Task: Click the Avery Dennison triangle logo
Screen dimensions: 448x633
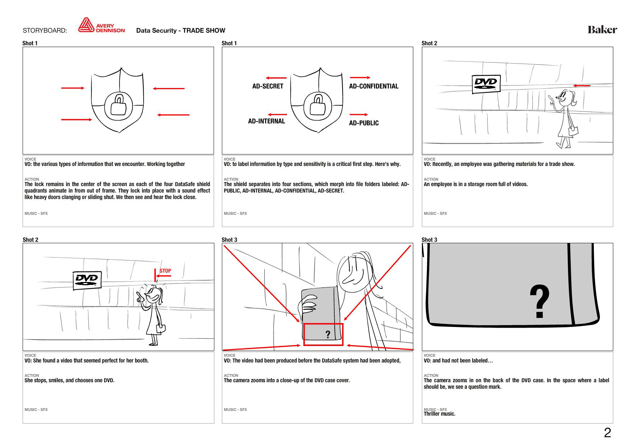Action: click(x=86, y=26)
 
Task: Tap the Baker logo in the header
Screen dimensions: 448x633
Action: click(x=602, y=29)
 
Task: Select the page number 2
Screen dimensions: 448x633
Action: click(x=607, y=433)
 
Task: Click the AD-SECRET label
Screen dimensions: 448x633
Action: click(x=267, y=86)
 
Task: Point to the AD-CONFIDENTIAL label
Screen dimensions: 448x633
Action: click(x=373, y=86)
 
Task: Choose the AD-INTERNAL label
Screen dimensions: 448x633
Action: click(x=266, y=121)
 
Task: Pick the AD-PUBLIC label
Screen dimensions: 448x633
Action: click(x=364, y=123)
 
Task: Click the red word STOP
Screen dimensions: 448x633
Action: click(x=165, y=271)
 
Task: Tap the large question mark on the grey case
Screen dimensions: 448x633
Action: click(x=539, y=302)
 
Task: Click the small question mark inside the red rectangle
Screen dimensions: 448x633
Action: click(x=328, y=335)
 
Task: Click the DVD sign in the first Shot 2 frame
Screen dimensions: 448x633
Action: click(x=486, y=84)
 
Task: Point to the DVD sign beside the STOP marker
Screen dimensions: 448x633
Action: click(x=87, y=280)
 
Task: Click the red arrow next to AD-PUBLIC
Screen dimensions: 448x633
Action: click(x=358, y=115)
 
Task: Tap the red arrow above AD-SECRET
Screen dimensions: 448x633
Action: click(x=276, y=78)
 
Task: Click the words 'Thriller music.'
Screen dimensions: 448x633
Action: click(x=439, y=414)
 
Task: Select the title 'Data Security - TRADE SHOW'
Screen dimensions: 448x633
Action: click(x=181, y=31)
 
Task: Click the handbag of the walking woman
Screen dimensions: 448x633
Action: click(x=573, y=131)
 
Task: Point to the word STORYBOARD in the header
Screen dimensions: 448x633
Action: click(x=45, y=31)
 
